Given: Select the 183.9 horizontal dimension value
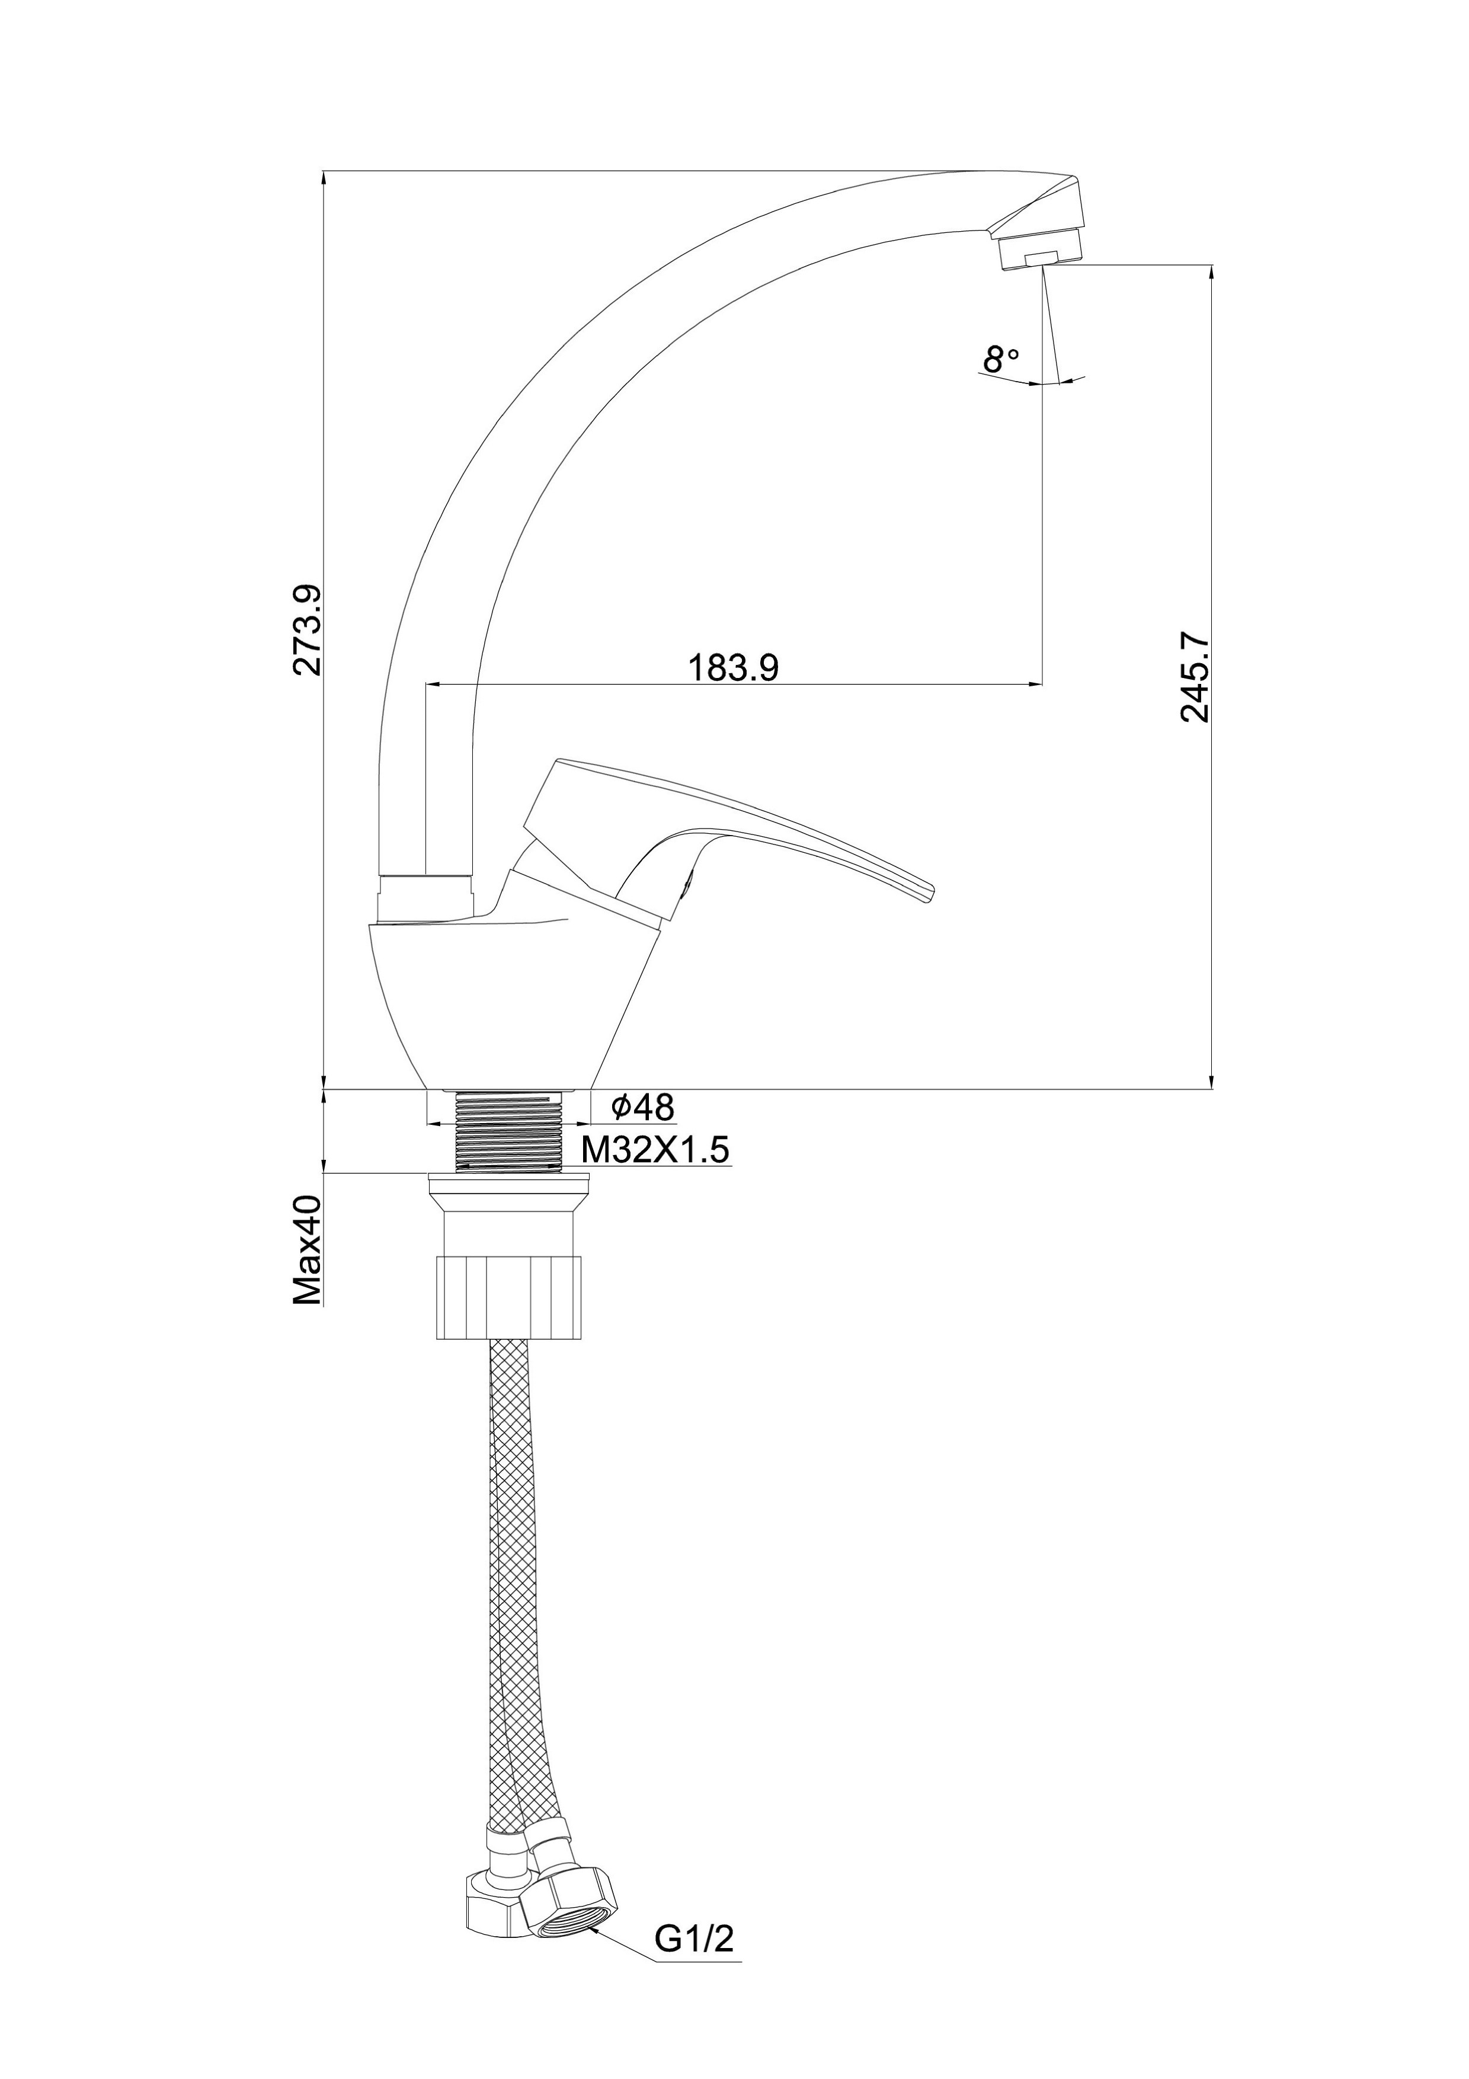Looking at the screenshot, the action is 733,667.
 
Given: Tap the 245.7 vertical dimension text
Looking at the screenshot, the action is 1195,676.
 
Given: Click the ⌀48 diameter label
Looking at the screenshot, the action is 642,1106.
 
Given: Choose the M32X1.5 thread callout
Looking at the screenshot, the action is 655,1150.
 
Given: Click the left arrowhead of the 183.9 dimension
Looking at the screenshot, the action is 432,685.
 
